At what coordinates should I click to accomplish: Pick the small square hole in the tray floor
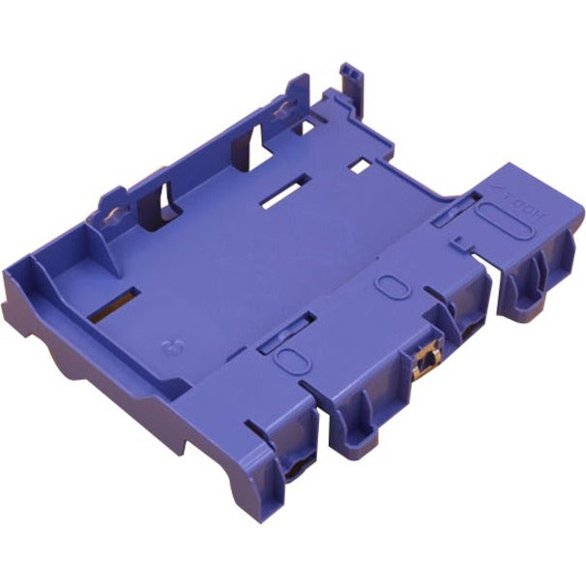(x=360, y=165)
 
